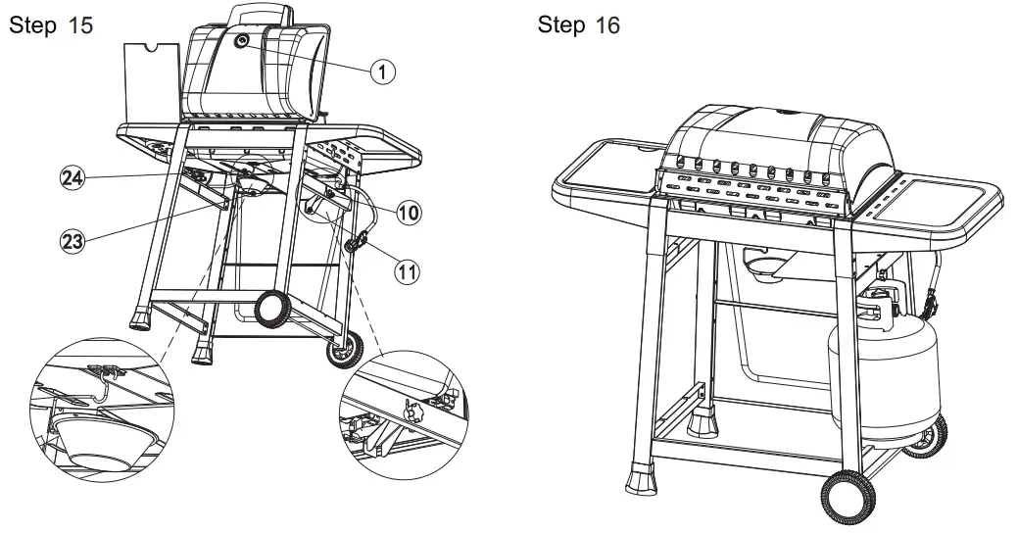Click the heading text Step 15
click(51, 25)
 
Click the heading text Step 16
click(578, 25)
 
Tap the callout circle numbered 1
click(384, 71)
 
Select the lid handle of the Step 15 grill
click(262, 16)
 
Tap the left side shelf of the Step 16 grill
click(605, 177)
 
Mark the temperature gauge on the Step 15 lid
click(242, 42)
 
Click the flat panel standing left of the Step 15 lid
click(154, 83)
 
